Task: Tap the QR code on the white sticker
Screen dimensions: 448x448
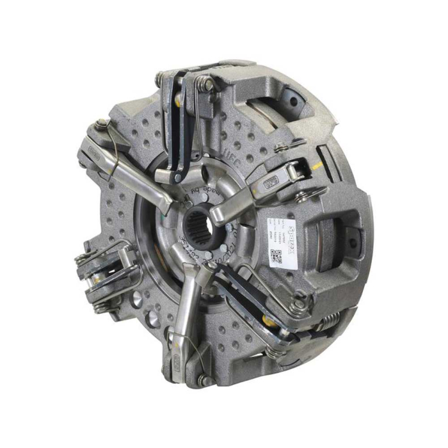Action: point(277,255)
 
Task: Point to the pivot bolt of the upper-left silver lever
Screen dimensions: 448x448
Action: point(101,124)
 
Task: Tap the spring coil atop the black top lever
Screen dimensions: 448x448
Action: point(204,81)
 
